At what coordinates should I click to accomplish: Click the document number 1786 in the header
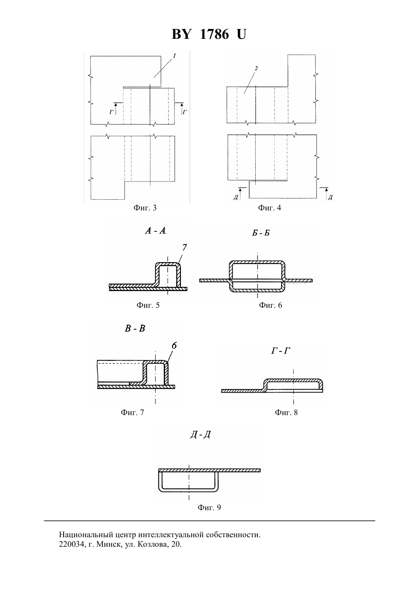pyautogui.click(x=214, y=34)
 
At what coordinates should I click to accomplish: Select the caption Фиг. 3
pyautogui.click(x=145, y=208)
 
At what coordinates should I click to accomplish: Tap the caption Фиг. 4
pyautogui.click(x=269, y=208)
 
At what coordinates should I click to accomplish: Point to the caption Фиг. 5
pyautogui.click(x=148, y=306)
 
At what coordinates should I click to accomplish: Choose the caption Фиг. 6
pyautogui.click(x=270, y=306)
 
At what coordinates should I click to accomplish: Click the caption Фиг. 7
pyautogui.click(x=132, y=412)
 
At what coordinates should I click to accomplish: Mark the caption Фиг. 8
pyautogui.click(x=286, y=412)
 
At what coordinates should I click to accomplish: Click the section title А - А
pyautogui.click(x=155, y=231)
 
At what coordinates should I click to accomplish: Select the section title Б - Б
pyautogui.click(x=261, y=233)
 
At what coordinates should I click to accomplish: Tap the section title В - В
pyautogui.click(x=135, y=328)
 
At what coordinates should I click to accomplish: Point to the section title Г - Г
pyautogui.click(x=280, y=351)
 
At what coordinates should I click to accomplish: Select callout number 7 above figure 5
pyautogui.click(x=184, y=247)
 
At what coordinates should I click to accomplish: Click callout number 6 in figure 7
pyautogui.click(x=174, y=346)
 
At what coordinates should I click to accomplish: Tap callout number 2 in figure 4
pyautogui.click(x=256, y=68)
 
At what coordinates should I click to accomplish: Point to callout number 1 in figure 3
pyautogui.click(x=174, y=56)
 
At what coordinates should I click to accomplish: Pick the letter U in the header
pyautogui.click(x=241, y=34)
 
